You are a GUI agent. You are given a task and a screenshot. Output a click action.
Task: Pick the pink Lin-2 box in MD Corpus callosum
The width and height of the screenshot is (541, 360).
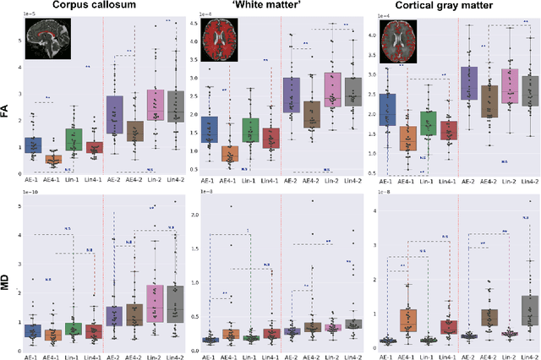pyautogui.click(x=156, y=303)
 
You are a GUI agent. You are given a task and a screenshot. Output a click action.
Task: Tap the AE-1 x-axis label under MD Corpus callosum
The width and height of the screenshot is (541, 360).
pyautogui.click(x=33, y=353)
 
